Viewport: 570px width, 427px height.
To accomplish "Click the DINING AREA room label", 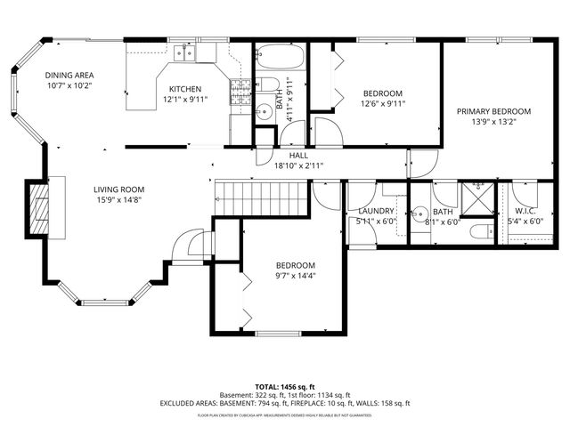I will coord(69,77).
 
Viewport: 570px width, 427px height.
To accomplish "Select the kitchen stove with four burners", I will coord(240,91).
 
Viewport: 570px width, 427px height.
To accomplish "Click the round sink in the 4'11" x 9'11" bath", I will coord(263,112).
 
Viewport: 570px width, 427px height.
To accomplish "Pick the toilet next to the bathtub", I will coord(266,87).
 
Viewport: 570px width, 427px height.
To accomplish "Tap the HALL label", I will coord(298,156).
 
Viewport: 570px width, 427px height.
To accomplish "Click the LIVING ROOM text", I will coord(119,189).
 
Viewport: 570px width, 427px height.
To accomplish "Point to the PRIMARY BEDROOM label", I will coord(493,111).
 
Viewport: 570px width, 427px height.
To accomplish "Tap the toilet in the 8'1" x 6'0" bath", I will coord(478,233).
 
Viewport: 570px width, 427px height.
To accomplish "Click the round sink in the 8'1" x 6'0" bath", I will coord(419,214).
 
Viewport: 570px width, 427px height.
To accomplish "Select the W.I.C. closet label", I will coord(524,211).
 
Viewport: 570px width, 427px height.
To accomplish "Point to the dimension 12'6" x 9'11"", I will coord(383,103).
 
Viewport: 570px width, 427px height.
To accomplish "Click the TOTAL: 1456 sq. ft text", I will coord(285,387).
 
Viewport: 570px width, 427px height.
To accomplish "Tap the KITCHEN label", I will coord(185,89).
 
